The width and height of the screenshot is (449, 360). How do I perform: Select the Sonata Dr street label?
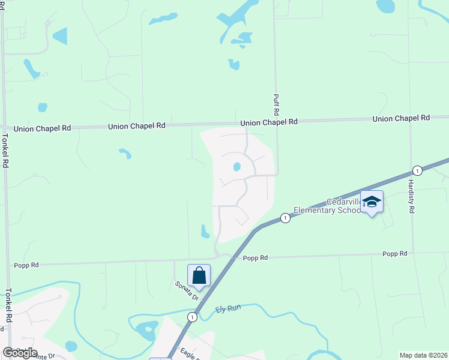pyautogui.click(x=187, y=291)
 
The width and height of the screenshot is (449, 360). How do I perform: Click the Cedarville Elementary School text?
pyautogui.click(x=328, y=206)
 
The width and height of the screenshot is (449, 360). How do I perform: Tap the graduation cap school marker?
pyautogui.click(x=372, y=202)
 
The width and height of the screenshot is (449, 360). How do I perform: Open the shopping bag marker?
pyautogui.click(x=199, y=275)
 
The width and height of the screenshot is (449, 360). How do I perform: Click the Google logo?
pyautogui.click(x=20, y=352)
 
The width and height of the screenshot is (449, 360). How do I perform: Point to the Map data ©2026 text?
pyautogui.click(x=424, y=355)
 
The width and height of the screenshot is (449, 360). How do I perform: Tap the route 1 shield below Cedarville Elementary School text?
pyautogui.click(x=285, y=218)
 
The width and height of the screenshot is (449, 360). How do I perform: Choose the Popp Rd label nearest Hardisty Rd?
pyautogui.click(x=395, y=254)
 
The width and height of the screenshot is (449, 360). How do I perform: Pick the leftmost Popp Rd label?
pyautogui.click(x=26, y=265)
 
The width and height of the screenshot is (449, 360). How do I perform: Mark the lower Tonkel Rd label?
pyautogui.click(x=8, y=307)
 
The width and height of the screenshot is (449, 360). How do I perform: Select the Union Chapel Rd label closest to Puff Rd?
pyautogui.click(x=269, y=122)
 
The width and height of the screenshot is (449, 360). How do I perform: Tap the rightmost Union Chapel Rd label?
pyautogui.click(x=401, y=119)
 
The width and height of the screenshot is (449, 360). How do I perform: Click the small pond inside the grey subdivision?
pyautogui.click(x=237, y=167)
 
